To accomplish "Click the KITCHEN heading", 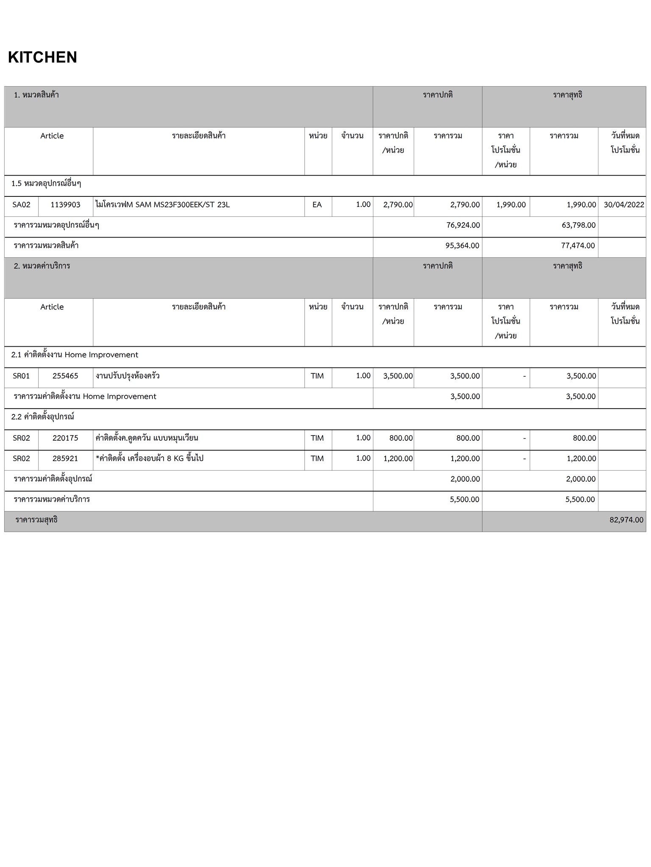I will tap(42, 57).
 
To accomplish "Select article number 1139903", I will tap(65, 205).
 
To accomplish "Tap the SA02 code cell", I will tap(21, 205).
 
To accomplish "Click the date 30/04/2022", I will tap(623, 205).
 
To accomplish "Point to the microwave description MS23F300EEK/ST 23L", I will tap(163, 205).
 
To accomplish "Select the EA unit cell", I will tap(317, 205).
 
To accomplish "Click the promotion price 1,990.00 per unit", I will tap(511, 205).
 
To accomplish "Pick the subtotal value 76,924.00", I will tap(463, 225).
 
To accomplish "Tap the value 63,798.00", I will tap(579, 225).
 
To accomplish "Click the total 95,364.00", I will tap(462, 246).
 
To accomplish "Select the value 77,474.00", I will tap(578, 246).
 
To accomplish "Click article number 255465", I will tap(65, 376).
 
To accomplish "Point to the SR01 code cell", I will tap(21, 376).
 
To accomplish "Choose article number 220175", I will tap(65, 438).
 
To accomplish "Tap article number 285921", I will tap(65, 458).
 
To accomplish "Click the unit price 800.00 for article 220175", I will tap(401, 438).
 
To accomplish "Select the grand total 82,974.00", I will tap(626, 520).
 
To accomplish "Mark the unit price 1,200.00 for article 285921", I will tap(398, 458).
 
